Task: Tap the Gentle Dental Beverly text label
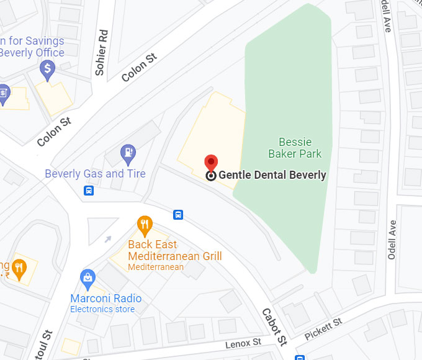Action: (x=272, y=175)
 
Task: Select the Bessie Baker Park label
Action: (x=295, y=148)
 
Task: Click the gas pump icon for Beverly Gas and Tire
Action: (x=128, y=151)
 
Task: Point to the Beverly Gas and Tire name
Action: (x=95, y=174)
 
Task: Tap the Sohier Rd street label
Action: (x=102, y=53)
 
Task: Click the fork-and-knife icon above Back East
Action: (x=145, y=223)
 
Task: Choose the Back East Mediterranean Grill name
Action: (x=174, y=250)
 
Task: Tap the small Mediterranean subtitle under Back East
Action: (x=156, y=267)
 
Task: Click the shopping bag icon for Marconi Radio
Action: (x=88, y=277)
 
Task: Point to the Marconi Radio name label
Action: (x=105, y=299)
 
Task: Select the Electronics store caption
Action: (x=102, y=309)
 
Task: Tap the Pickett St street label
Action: (x=323, y=329)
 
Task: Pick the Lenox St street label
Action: (x=243, y=343)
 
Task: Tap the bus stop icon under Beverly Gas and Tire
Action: (x=89, y=191)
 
